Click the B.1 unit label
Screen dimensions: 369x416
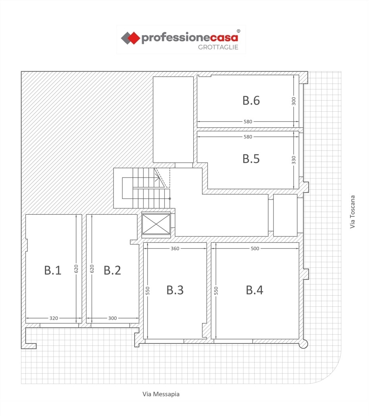tap(53, 270)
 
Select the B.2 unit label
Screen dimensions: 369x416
tap(112, 270)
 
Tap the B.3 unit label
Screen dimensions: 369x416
tap(175, 290)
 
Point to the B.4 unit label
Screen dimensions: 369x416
tap(254, 290)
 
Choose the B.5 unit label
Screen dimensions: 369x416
tap(251, 158)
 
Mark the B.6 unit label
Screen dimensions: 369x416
tap(251, 101)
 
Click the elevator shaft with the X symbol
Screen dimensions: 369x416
tap(156, 224)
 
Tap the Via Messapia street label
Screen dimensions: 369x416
tap(161, 394)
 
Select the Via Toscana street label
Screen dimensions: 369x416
tap(352, 212)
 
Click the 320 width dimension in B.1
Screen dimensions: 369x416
tap(54, 318)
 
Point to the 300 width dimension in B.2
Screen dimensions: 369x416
tap(112, 318)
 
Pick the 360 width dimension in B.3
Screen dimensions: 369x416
tap(175, 248)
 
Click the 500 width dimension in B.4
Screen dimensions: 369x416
tap(255, 248)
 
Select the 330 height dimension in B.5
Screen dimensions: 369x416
tap(294, 160)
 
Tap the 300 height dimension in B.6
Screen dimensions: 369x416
tap(294, 101)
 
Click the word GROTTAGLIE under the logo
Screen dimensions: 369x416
tap(218, 47)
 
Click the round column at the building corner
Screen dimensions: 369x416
tap(304, 344)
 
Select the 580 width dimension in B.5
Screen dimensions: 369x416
tap(248, 137)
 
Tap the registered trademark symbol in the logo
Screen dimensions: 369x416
tap(238, 31)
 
